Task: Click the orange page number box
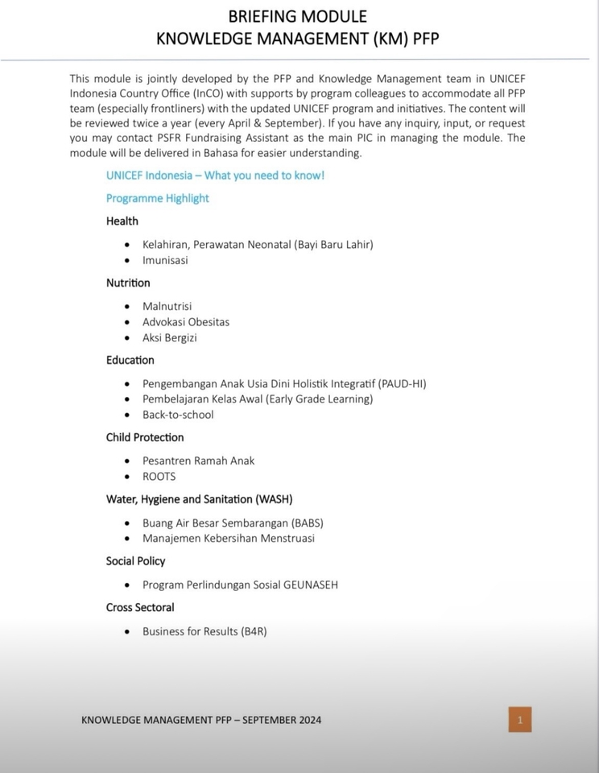pos(519,719)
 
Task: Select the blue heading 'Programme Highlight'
pos(157,198)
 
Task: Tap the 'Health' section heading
pos(122,221)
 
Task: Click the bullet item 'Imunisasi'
pos(165,260)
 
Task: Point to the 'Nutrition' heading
pos(128,283)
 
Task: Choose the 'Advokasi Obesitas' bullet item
pos(186,321)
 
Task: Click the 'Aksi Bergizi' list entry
pos(170,337)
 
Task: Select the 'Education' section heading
pos(130,360)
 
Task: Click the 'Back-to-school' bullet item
pos(178,415)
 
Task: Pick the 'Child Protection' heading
pos(145,437)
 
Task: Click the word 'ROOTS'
pos(159,476)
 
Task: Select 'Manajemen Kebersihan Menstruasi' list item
pos(229,538)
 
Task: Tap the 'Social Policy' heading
pos(135,560)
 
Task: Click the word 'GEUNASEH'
pos(311,585)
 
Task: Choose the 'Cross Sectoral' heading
pos(140,607)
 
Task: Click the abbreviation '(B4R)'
pos(254,631)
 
